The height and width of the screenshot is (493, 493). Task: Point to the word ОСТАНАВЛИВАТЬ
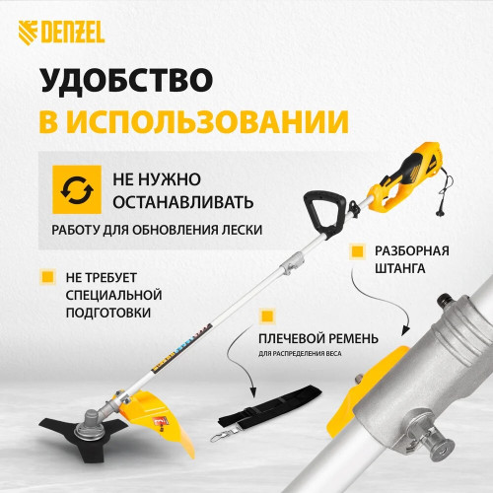point(184,202)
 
